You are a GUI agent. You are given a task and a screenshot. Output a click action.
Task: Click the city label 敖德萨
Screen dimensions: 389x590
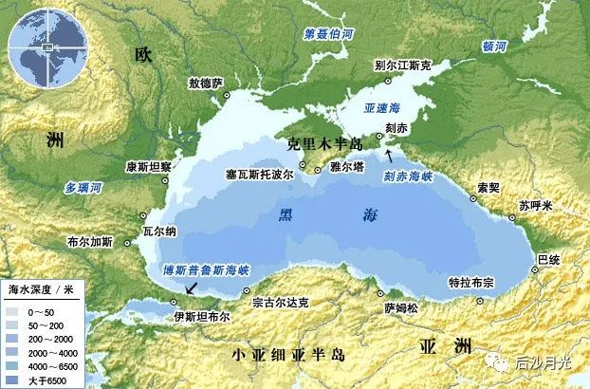pyautogui.click(x=205, y=84)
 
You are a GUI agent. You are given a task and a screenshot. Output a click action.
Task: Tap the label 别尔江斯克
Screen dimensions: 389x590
pyautogui.click(x=402, y=65)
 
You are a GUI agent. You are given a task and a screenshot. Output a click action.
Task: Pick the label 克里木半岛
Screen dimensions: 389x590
pyautogui.click(x=325, y=144)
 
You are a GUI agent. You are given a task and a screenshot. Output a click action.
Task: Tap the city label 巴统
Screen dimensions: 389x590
pyautogui.click(x=548, y=258)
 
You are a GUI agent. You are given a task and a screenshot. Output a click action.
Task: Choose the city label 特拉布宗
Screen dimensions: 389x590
pyautogui.click(x=471, y=283)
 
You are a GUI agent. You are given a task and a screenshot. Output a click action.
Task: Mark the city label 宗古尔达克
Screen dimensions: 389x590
pyautogui.click(x=280, y=304)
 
